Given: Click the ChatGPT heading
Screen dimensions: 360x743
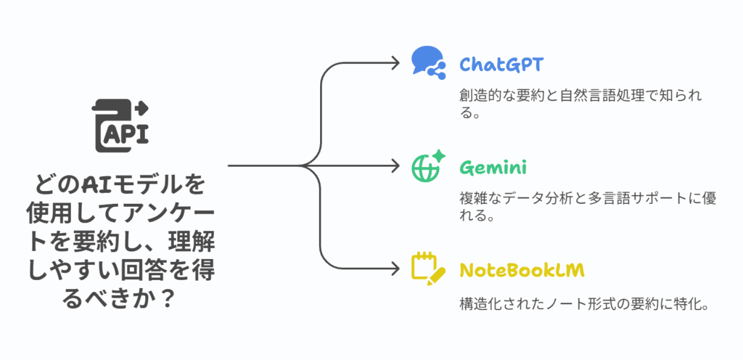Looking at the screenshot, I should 501,65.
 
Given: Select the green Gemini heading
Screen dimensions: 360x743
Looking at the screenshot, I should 493,168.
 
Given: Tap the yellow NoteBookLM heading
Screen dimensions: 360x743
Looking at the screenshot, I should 522,270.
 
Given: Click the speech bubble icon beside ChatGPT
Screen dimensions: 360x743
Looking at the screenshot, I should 427,62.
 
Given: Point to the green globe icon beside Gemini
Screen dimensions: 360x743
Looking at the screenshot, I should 427,166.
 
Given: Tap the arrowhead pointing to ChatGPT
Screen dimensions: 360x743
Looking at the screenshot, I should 395,62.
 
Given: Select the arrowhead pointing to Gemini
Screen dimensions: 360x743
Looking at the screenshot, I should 395,166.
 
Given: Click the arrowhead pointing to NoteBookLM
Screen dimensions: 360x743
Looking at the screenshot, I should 395,269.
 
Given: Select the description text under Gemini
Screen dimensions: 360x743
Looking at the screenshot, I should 588,206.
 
